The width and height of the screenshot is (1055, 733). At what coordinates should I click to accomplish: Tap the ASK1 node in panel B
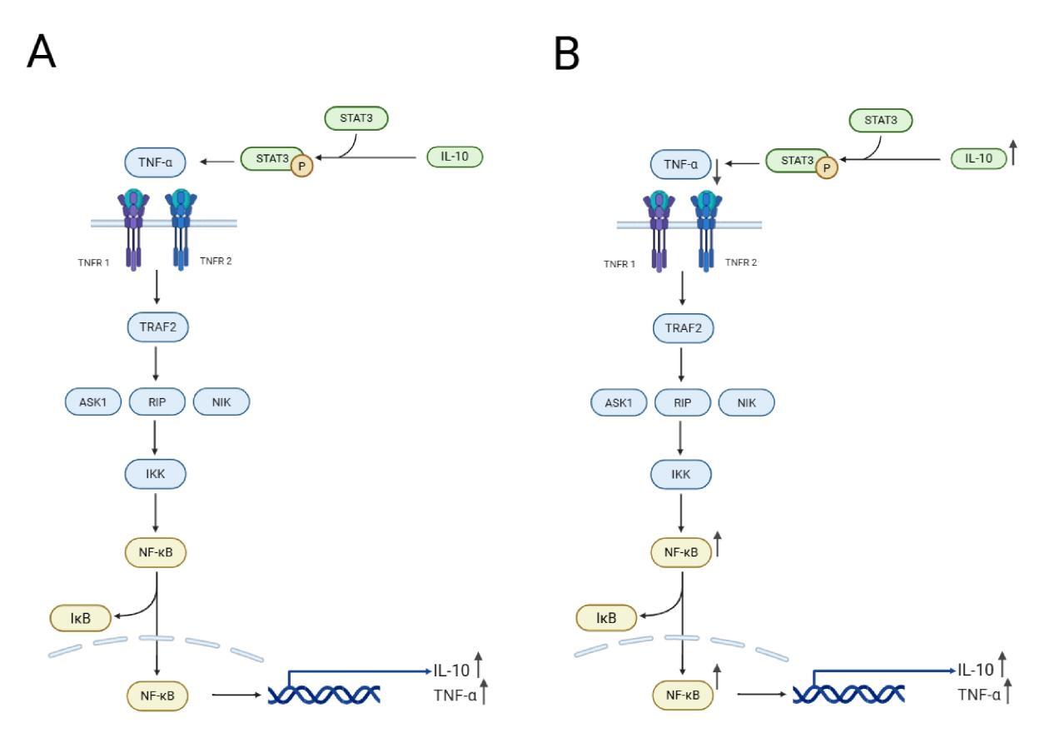(619, 402)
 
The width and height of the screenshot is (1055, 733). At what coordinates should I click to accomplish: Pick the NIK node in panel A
(221, 402)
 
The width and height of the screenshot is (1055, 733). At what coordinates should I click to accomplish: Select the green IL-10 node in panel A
(454, 156)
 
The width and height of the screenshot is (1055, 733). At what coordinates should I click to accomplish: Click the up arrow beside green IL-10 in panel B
(1013, 153)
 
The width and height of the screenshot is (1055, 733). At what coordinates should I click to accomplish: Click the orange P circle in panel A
(301, 165)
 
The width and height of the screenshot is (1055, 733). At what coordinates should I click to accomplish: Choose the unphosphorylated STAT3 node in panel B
(880, 120)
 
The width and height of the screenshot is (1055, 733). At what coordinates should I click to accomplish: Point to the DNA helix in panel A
(325, 693)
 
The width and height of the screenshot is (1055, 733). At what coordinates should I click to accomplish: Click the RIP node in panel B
(682, 402)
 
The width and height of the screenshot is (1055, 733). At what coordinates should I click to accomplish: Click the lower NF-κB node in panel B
(682, 693)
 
